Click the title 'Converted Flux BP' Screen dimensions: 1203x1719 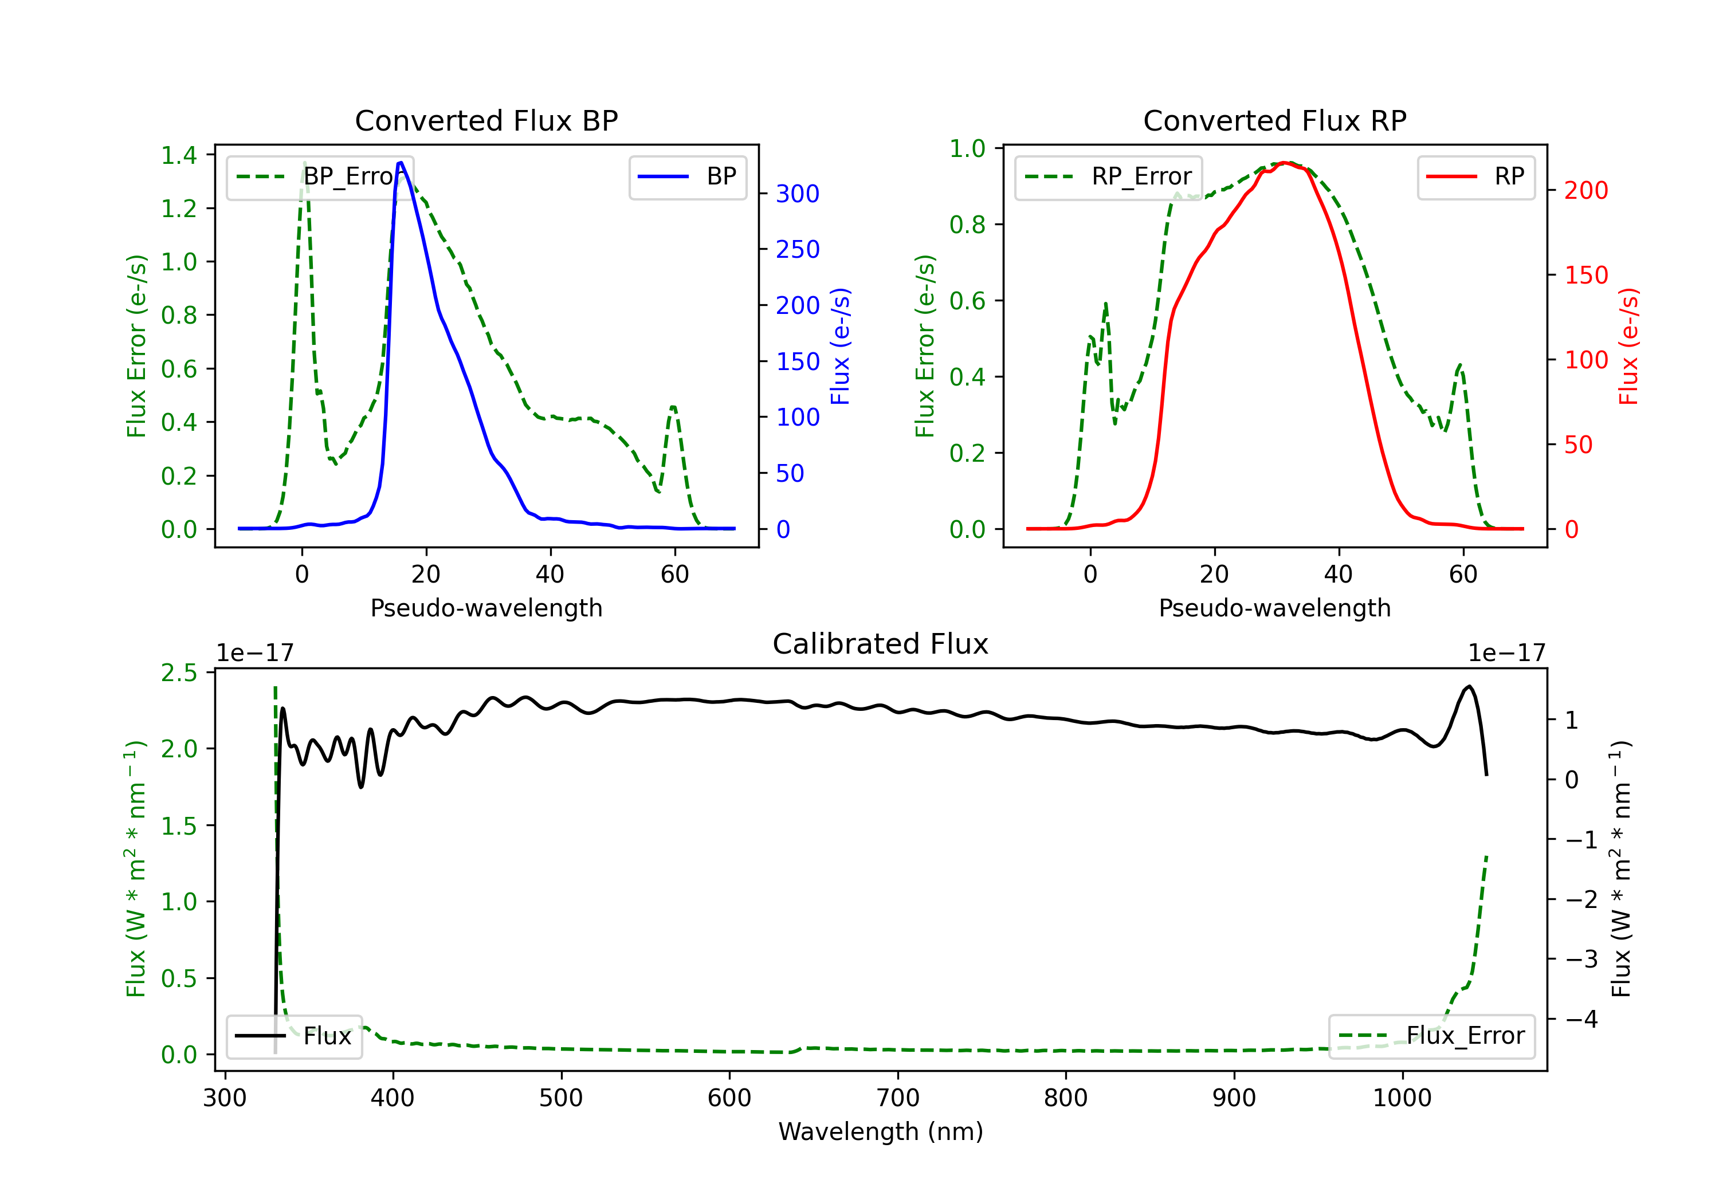coord(486,120)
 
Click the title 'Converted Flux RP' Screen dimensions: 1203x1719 coord(1274,120)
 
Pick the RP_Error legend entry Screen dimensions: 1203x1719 coord(1108,176)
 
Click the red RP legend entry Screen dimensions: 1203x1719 coord(1475,176)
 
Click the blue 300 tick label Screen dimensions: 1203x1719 coord(798,194)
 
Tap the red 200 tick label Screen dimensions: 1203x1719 coord(1585,190)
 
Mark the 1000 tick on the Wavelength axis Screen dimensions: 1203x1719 coord(1402,1098)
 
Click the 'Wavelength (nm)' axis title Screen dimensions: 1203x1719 coord(881,1131)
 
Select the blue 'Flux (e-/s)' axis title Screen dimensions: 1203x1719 coord(841,346)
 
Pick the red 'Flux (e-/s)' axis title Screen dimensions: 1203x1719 coord(1629,346)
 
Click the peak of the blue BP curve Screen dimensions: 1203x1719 coord(401,163)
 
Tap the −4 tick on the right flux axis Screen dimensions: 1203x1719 coord(1580,1019)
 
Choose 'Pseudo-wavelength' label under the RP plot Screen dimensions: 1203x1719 coord(1274,608)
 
